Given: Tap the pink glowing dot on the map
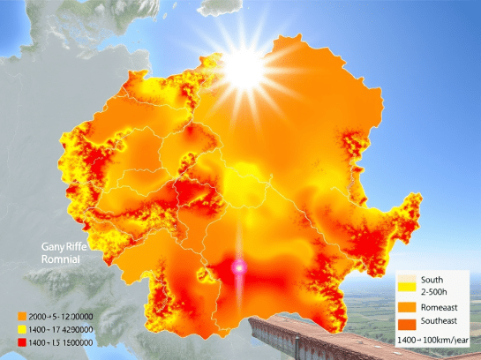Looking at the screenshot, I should pyautogui.click(x=237, y=266).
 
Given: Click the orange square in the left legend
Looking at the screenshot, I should pyautogui.click(x=20, y=316).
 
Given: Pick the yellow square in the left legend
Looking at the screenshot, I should pyautogui.click(x=20, y=328).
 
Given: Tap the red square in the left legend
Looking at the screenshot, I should pyautogui.click(x=20, y=341).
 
